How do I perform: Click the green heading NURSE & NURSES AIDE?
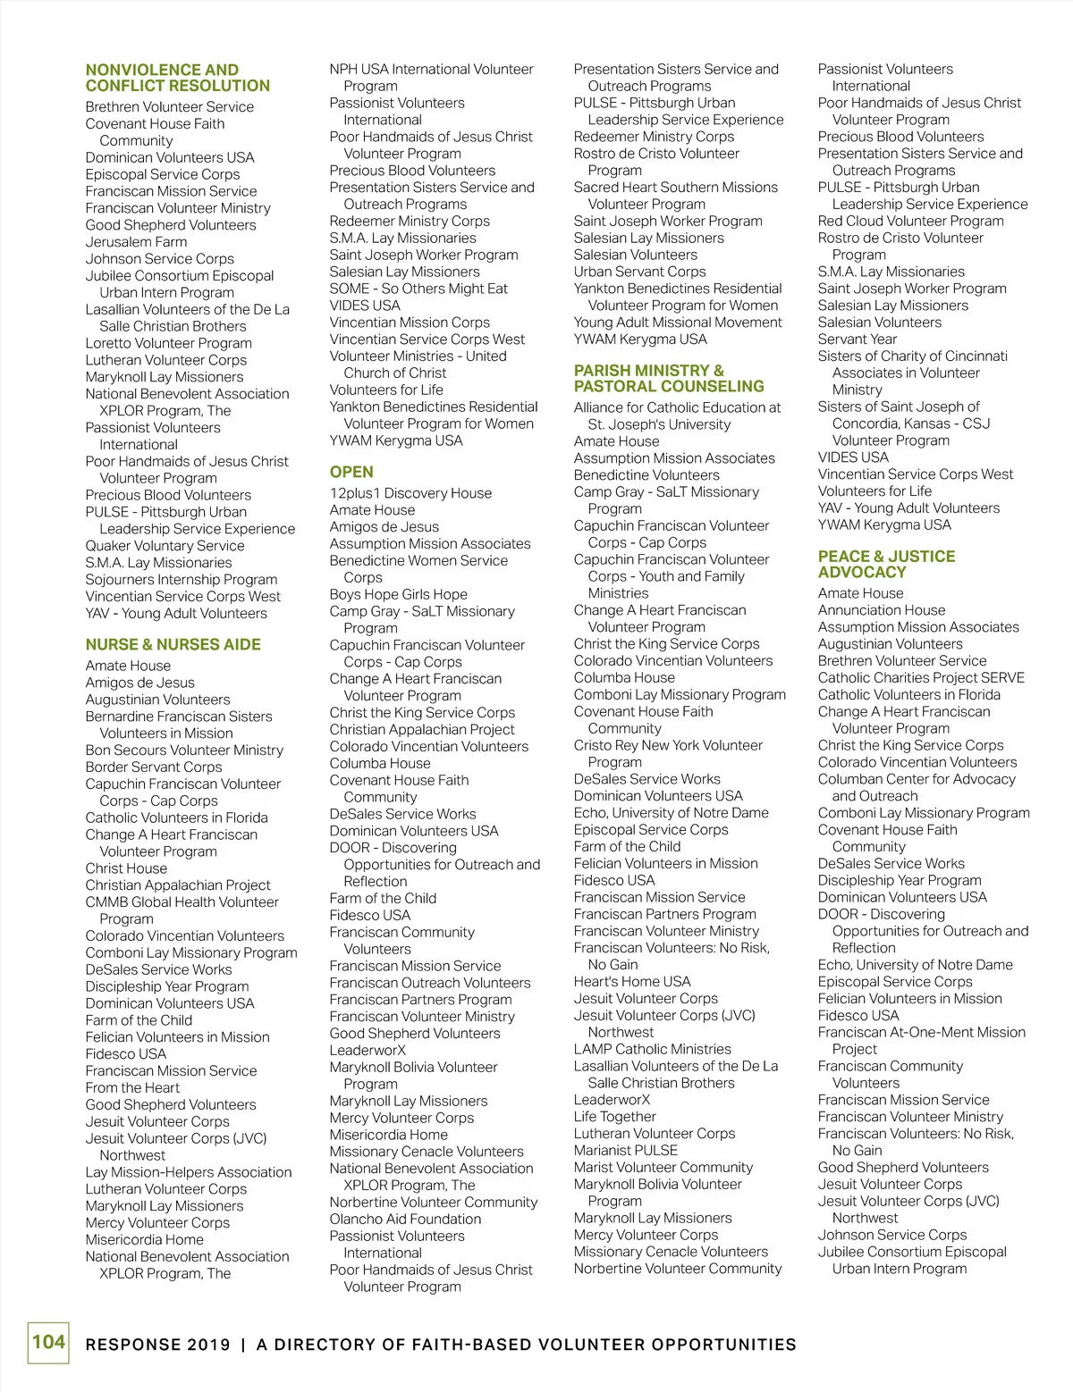pyautogui.click(x=173, y=644)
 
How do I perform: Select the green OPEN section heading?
pyautogui.click(x=351, y=472)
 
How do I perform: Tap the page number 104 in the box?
pyautogui.click(x=48, y=1342)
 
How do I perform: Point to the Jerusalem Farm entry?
pyautogui.click(x=136, y=241)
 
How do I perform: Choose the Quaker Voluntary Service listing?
pyautogui.click(x=165, y=545)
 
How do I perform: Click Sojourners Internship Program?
pyautogui.click(x=181, y=579)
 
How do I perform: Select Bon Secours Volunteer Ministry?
pyautogui.click(x=184, y=750)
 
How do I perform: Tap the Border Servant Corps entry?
pyautogui.click(x=154, y=767)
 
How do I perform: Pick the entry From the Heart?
pyautogui.click(x=132, y=1087)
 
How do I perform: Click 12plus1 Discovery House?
pyautogui.click(x=410, y=492)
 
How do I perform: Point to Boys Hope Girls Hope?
pyautogui.click(x=398, y=594)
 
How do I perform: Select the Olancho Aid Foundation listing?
pyautogui.click(x=405, y=1219)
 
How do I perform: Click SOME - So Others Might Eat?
pyautogui.click(x=418, y=289)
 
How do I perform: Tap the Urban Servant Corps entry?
pyautogui.click(x=639, y=272)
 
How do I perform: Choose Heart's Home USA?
pyautogui.click(x=632, y=981)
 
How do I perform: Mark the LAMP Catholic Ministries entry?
pyautogui.click(x=652, y=1049)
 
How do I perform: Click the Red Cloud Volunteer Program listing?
pyautogui.click(x=910, y=221)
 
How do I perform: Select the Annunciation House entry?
pyautogui.click(x=881, y=610)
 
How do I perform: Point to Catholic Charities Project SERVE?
pyautogui.click(x=921, y=677)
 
